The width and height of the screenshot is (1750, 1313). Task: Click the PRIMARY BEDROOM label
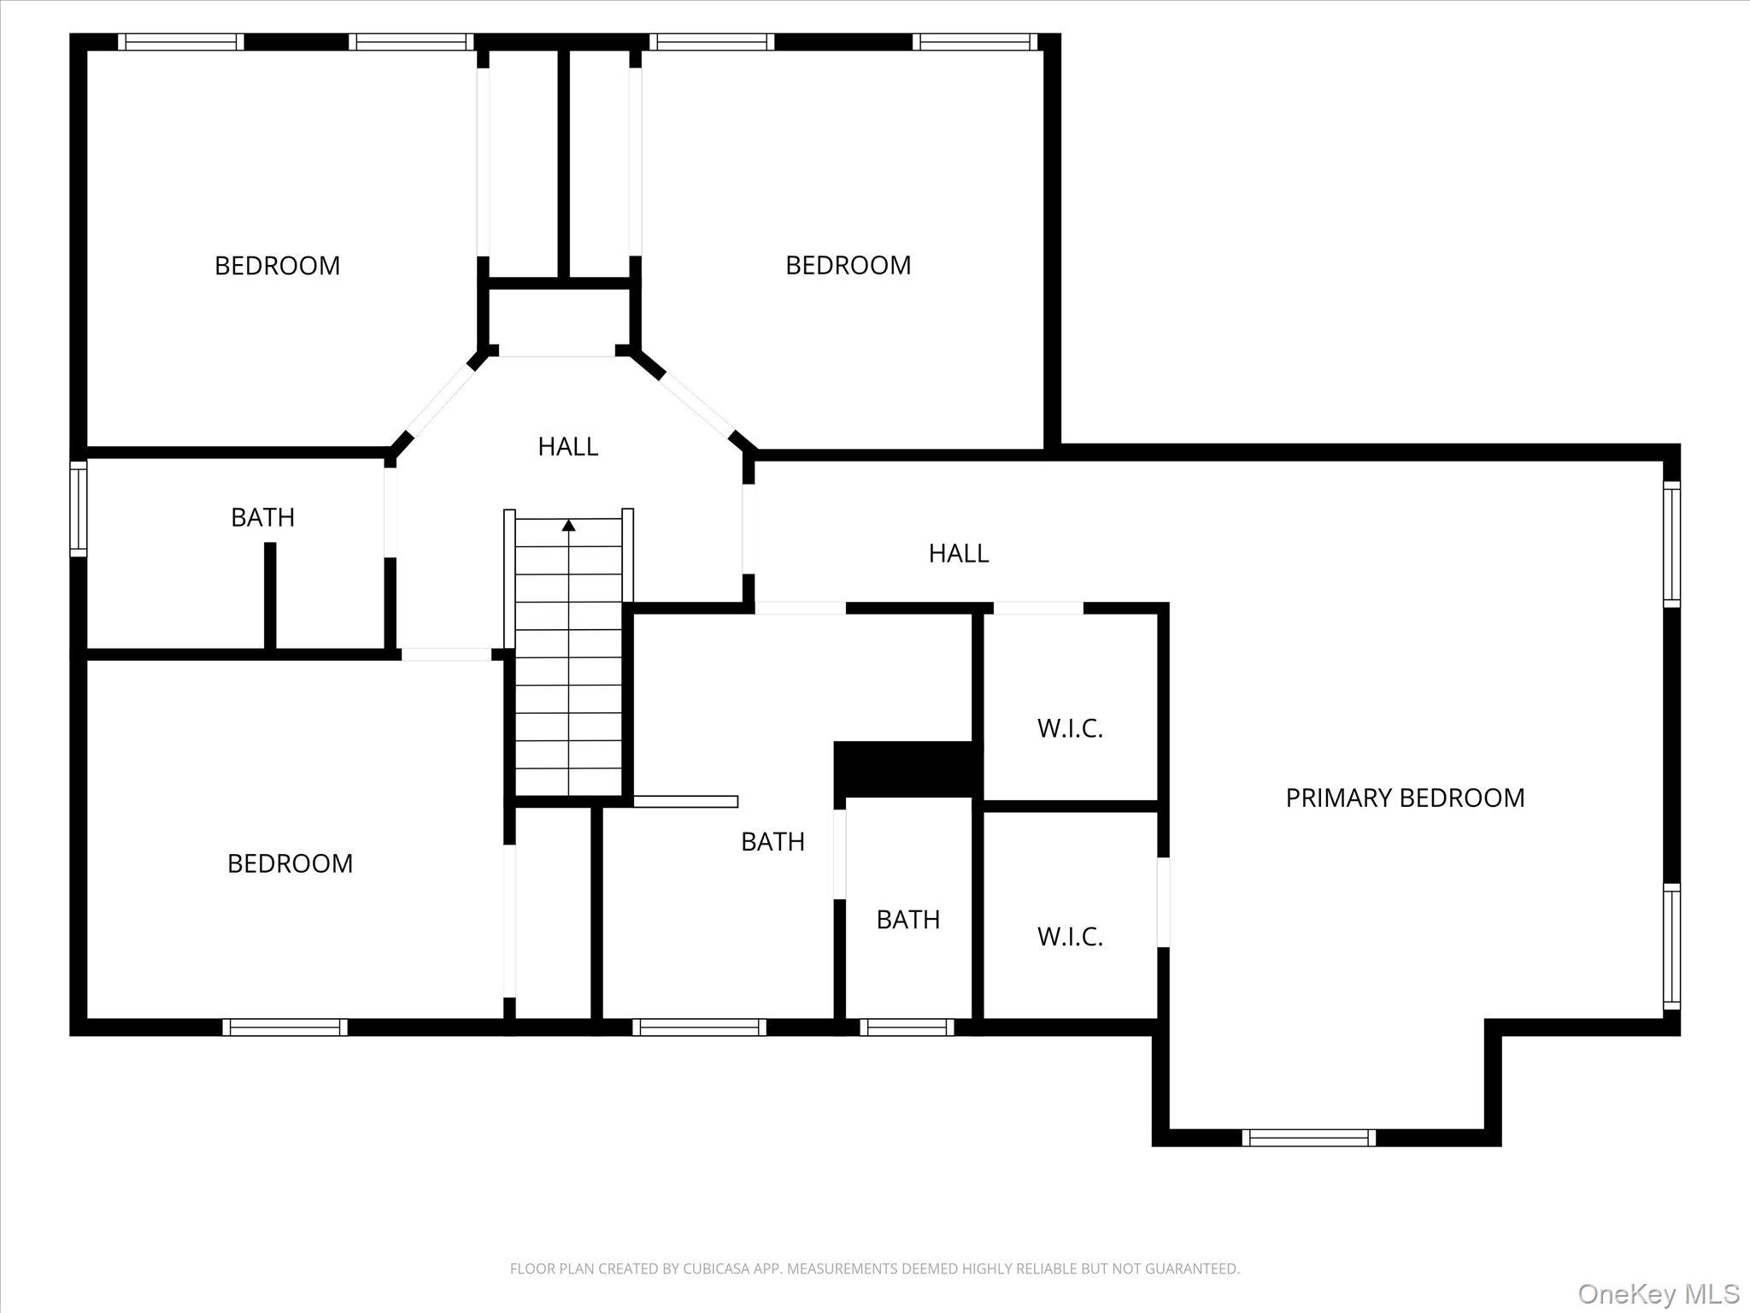click(x=1405, y=798)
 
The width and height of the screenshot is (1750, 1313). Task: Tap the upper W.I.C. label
click(x=1070, y=728)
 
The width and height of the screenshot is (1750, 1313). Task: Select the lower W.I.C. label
click(x=1070, y=937)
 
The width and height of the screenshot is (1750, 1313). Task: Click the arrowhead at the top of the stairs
click(x=568, y=525)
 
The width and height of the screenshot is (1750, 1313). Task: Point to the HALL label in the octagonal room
click(x=567, y=446)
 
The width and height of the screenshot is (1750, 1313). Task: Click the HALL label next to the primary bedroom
click(x=959, y=554)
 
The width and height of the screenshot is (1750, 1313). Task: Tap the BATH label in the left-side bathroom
click(x=262, y=517)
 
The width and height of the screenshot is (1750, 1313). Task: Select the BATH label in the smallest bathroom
click(x=907, y=920)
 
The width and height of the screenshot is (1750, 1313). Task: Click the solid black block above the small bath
click(x=904, y=768)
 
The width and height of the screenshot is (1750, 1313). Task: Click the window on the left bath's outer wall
click(x=78, y=509)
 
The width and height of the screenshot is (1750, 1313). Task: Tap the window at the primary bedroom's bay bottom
click(x=1308, y=1137)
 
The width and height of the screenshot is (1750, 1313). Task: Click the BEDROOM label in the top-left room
click(x=277, y=266)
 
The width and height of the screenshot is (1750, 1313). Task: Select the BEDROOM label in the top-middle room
click(x=848, y=265)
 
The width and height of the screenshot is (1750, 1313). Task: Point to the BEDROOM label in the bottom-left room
click(x=290, y=863)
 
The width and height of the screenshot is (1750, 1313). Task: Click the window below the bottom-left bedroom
click(x=285, y=1027)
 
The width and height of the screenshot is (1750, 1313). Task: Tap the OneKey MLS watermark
click(x=1658, y=1293)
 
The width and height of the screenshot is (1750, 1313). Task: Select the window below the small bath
click(x=907, y=1027)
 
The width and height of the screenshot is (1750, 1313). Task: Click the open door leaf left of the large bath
click(x=685, y=801)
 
